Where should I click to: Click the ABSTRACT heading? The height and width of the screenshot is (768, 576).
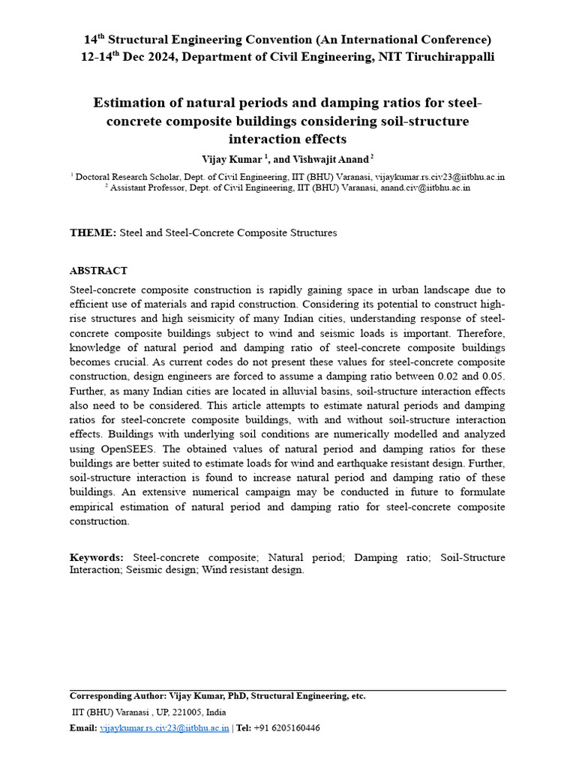click(98, 271)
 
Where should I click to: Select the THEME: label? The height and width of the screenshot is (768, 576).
click(93, 233)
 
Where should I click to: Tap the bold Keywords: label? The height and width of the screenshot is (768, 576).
click(97, 557)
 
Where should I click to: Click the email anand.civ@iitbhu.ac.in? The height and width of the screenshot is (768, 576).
click(424, 188)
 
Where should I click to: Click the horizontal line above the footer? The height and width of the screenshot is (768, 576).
click(288, 690)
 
